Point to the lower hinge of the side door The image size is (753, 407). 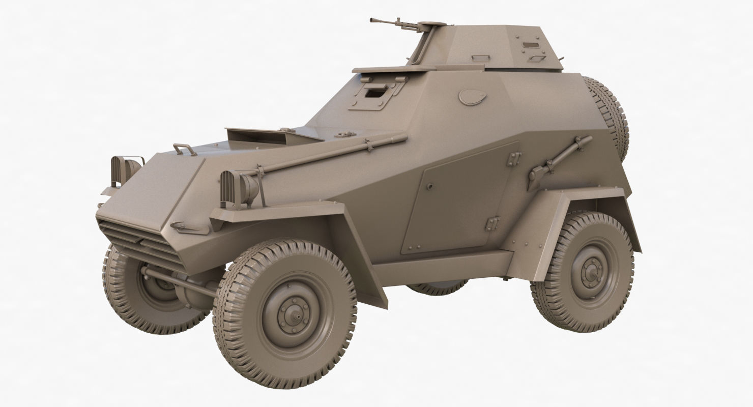(x=491, y=222)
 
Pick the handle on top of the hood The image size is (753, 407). (x=185, y=149)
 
